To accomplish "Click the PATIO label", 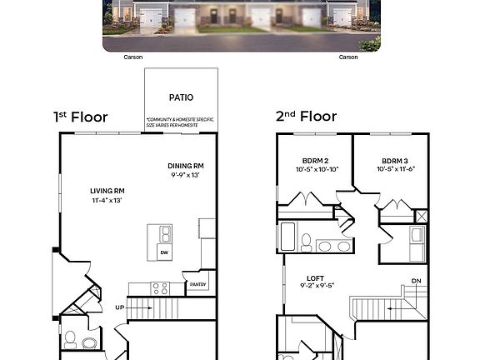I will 181,97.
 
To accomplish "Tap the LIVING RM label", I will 107,191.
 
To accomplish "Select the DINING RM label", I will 186,165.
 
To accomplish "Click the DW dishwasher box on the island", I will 163,252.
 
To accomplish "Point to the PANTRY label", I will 197,284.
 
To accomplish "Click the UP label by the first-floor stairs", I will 118,307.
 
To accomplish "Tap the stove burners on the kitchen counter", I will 160,288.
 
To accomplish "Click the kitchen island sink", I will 165,234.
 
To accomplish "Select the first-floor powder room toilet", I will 71,340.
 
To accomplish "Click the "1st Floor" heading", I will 81,117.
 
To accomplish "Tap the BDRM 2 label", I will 315,160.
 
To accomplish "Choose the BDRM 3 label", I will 395,160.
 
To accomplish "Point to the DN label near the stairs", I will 416,281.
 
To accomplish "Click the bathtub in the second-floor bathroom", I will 288,237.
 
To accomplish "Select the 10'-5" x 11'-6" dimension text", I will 395,169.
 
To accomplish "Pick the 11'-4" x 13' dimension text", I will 107,200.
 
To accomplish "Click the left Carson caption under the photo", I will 133,57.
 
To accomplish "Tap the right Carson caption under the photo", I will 348,57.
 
